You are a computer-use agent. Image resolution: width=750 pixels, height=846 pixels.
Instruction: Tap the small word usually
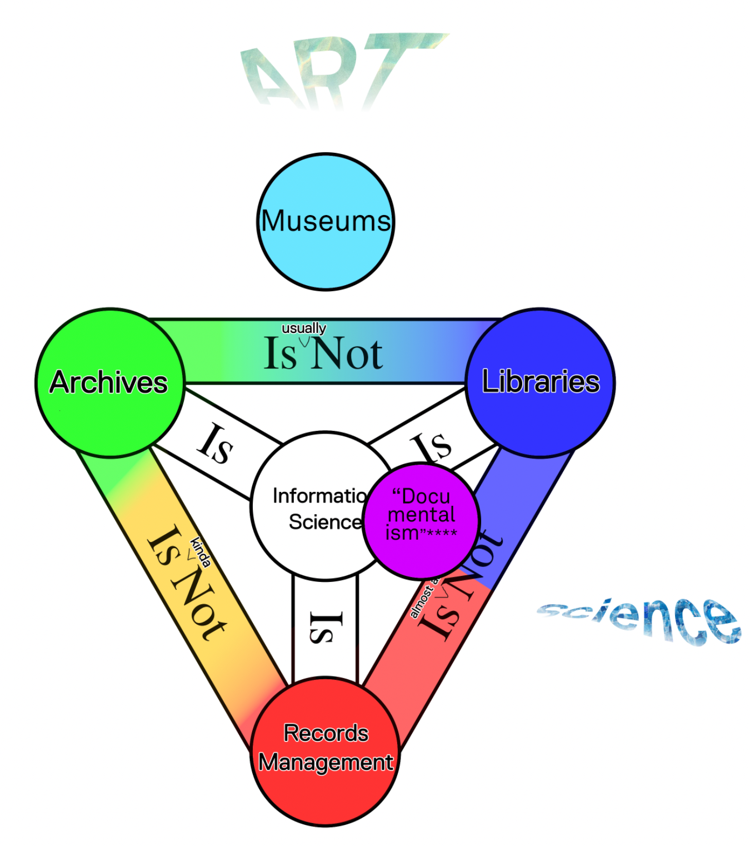(x=303, y=328)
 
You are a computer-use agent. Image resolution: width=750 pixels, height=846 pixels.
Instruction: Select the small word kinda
(x=201, y=552)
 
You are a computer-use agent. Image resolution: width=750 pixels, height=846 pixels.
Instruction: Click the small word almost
(x=422, y=600)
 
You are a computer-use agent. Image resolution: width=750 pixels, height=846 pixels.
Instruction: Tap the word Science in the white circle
(x=325, y=522)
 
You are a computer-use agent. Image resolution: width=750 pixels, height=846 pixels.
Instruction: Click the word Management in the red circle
(x=326, y=763)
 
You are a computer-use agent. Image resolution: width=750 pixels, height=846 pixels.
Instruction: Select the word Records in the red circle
(x=326, y=733)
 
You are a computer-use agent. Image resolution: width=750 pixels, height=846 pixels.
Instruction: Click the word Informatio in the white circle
(x=319, y=496)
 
